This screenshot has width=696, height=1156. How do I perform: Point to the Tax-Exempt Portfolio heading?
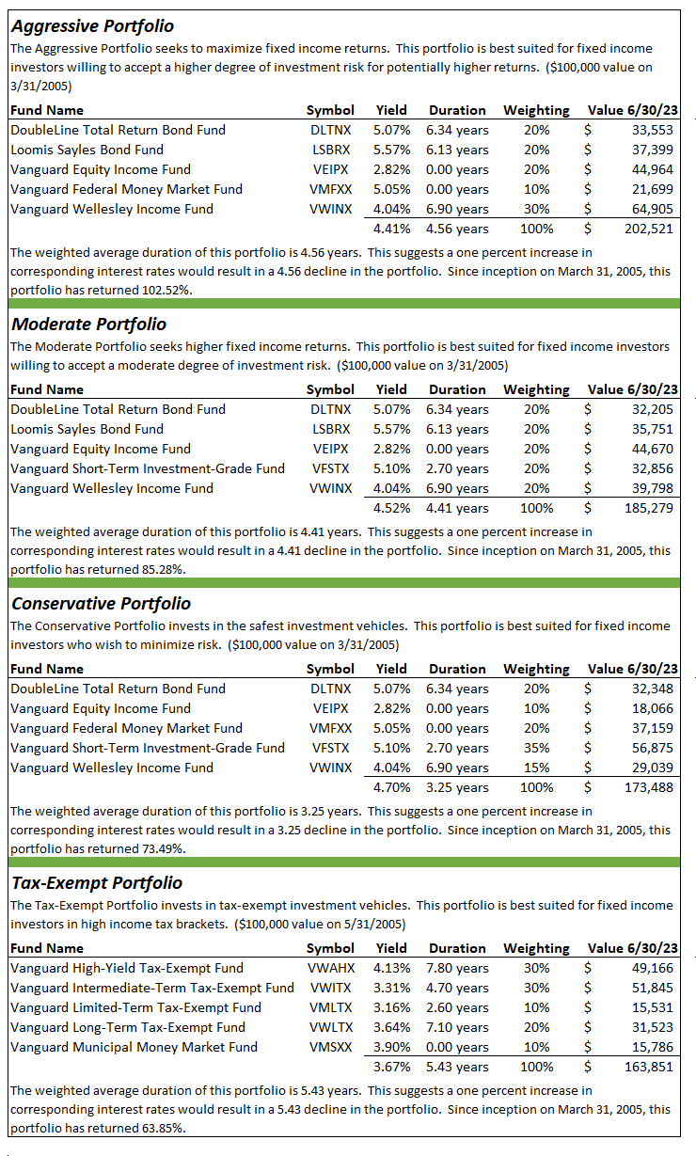click(x=96, y=883)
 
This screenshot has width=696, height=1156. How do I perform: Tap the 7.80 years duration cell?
click(x=458, y=968)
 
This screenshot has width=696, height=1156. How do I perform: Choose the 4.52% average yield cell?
click(x=391, y=508)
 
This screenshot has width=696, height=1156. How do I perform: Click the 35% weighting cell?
click(x=536, y=748)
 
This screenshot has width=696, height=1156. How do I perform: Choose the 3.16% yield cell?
click(x=391, y=1007)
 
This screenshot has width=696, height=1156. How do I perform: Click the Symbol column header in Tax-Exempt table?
click(x=330, y=948)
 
